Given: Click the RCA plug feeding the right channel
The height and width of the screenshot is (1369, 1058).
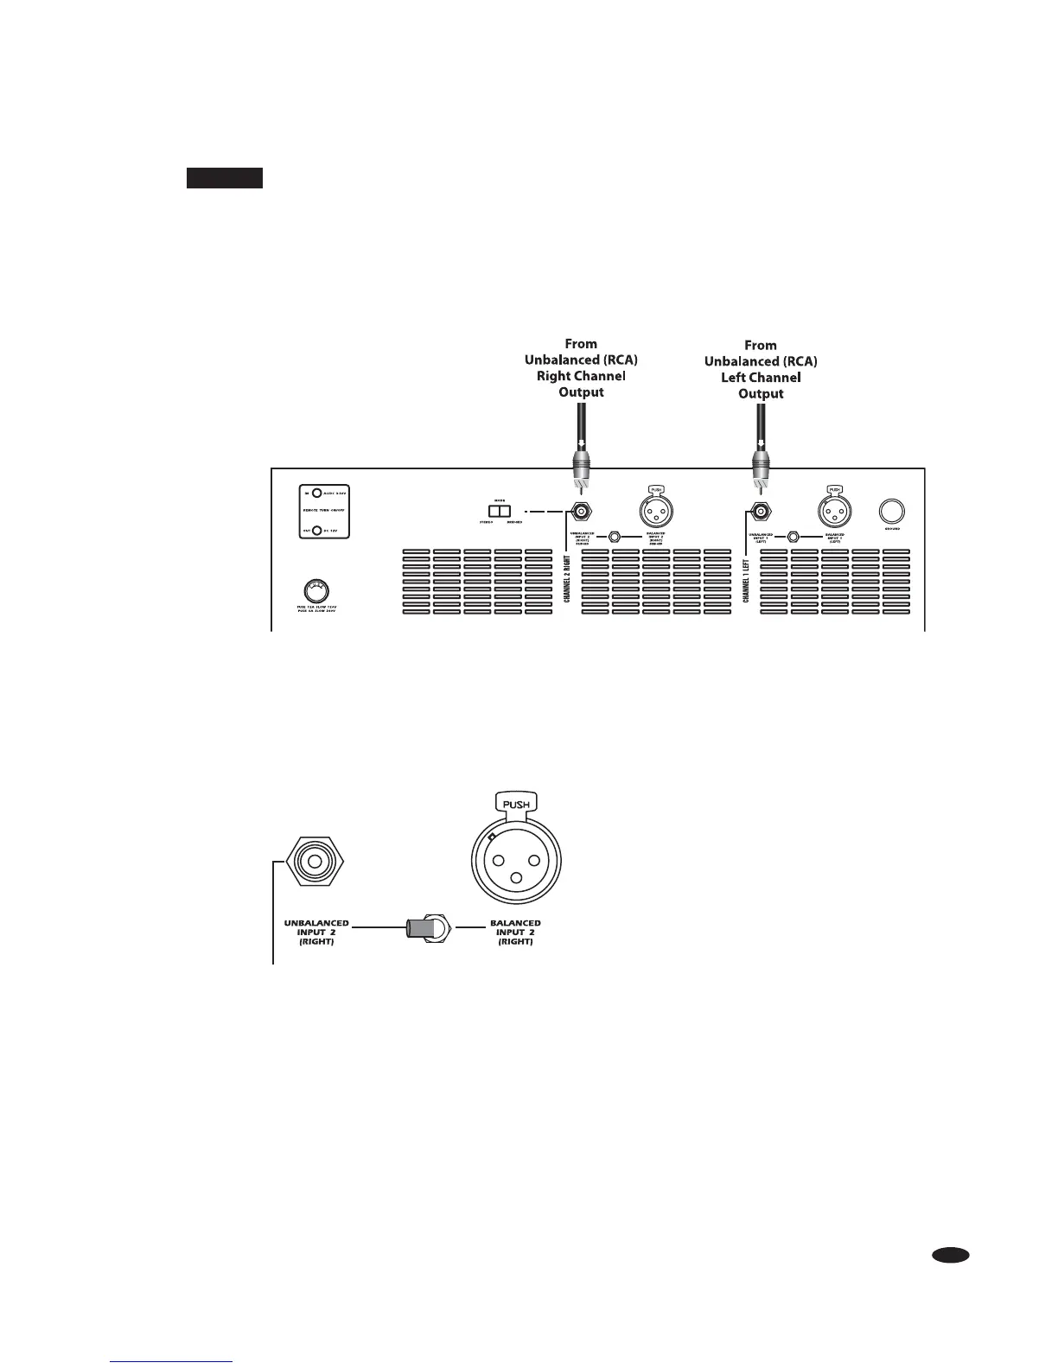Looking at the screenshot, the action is pyautogui.click(x=581, y=471).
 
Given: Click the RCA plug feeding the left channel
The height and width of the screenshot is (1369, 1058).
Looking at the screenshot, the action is pyautogui.click(x=760, y=471).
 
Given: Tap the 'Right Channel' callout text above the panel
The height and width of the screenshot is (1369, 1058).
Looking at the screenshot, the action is pyautogui.click(x=581, y=376).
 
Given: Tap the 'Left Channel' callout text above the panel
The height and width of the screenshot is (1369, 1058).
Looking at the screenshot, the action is pyautogui.click(x=761, y=378).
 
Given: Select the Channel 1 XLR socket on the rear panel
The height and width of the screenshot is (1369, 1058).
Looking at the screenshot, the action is pyautogui.click(x=834, y=512).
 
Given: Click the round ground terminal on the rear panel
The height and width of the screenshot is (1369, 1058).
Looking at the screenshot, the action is pyautogui.click(x=892, y=510).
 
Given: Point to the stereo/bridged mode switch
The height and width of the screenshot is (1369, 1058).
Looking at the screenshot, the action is pyautogui.click(x=500, y=511).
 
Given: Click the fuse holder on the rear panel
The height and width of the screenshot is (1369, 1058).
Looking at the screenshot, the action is pyautogui.click(x=315, y=591).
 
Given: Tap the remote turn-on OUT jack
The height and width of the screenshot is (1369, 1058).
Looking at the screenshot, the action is pyautogui.click(x=317, y=532).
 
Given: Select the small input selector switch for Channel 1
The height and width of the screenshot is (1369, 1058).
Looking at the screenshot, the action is pyautogui.click(x=793, y=537).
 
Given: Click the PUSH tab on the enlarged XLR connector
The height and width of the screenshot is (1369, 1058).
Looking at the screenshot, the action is pyautogui.click(x=516, y=804).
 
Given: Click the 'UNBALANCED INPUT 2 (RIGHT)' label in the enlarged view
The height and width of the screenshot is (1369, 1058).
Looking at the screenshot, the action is pyautogui.click(x=316, y=932).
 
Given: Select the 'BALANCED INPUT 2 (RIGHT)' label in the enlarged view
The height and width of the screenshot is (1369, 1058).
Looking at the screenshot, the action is pyautogui.click(x=515, y=932).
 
